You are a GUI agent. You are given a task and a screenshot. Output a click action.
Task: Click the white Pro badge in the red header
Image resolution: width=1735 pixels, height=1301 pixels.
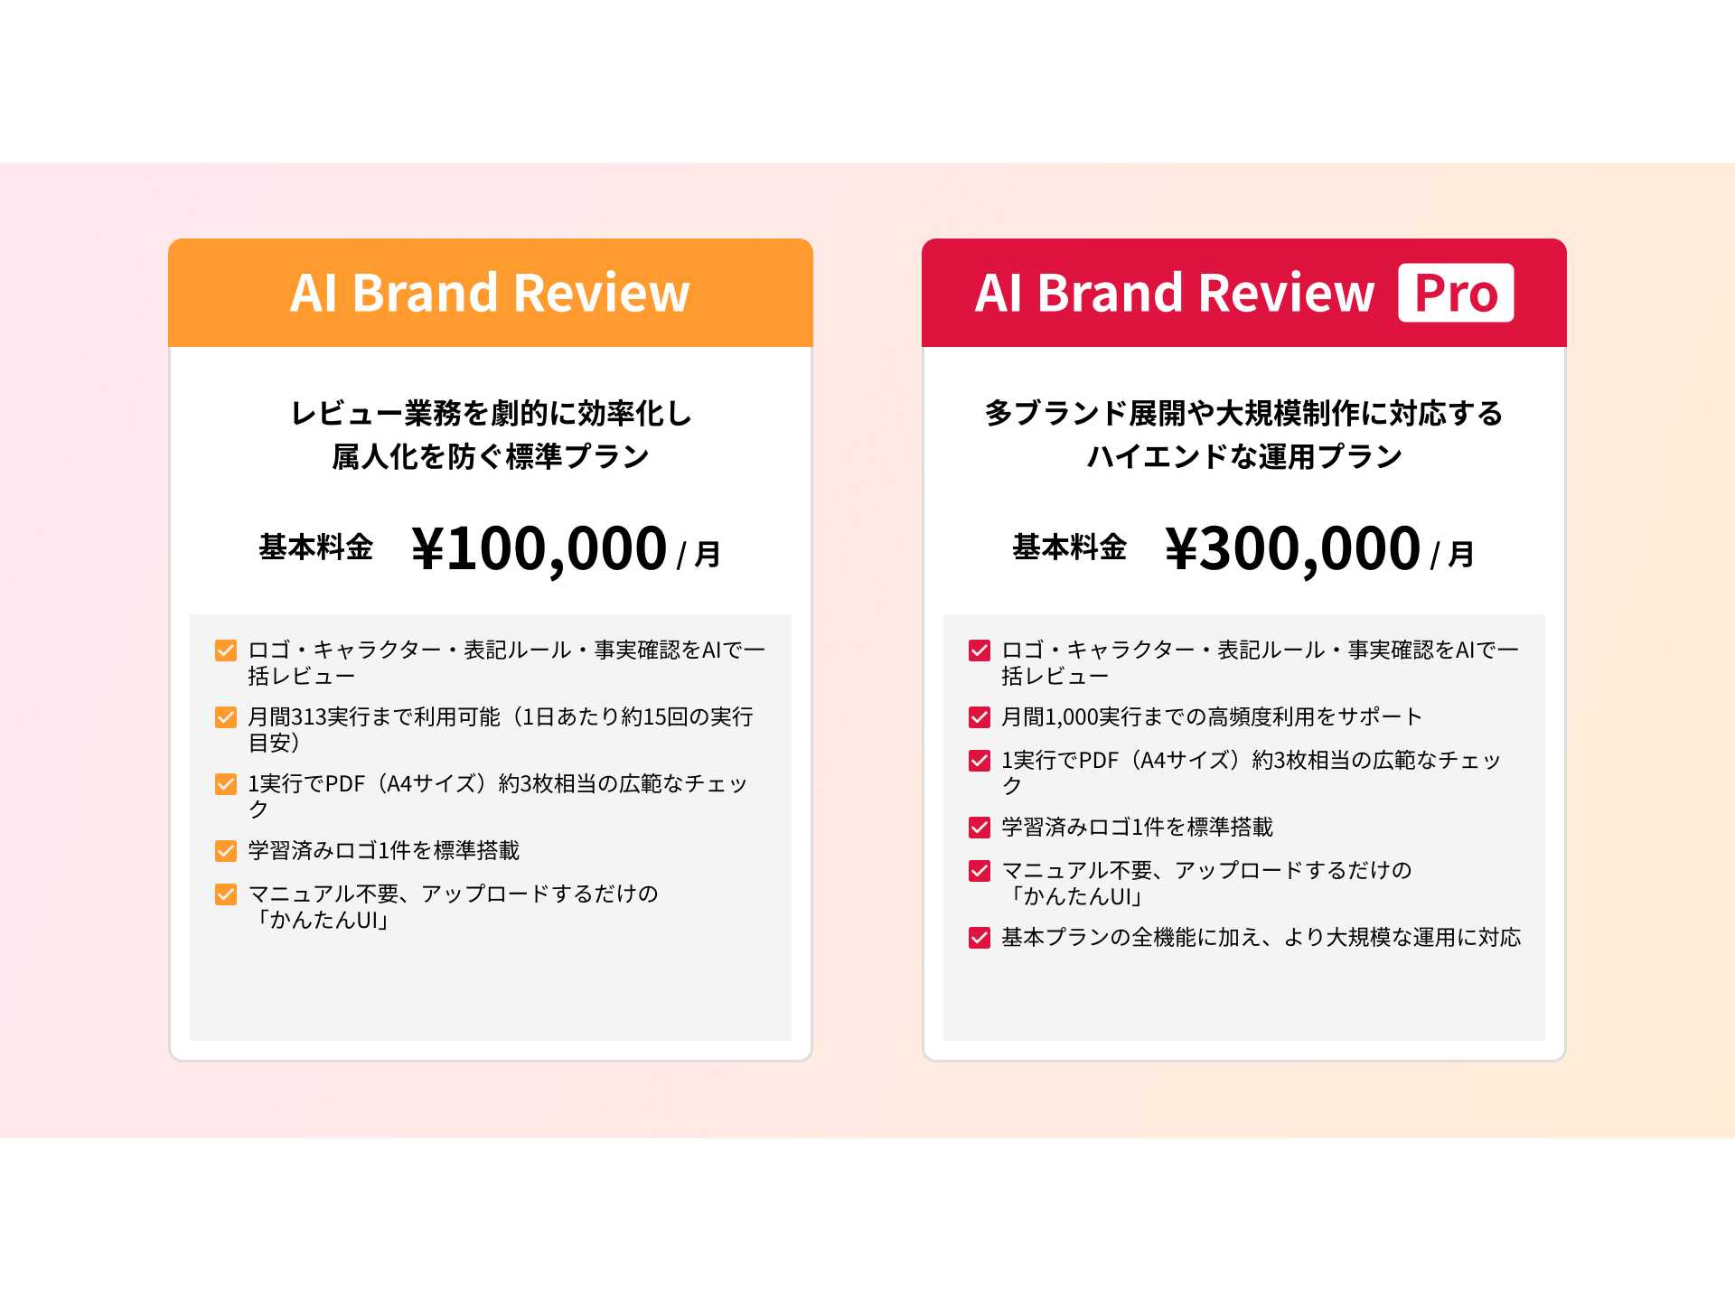click(x=1455, y=293)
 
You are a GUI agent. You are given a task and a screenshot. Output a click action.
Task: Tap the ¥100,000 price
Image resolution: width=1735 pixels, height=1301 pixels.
click(x=539, y=548)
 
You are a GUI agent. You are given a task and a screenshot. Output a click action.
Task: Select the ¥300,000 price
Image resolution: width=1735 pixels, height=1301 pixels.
click(x=1293, y=548)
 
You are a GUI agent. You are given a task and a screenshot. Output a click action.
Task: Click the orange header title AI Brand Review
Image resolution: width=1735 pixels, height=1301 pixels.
click(x=490, y=293)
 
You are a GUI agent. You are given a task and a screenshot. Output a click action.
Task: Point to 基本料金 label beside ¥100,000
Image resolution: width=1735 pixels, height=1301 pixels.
click(x=316, y=547)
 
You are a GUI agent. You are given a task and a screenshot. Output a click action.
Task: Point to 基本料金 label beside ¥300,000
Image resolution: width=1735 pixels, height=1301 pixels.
click(x=1070, y=547)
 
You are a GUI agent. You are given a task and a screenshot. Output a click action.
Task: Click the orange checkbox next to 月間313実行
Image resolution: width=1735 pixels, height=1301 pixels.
click(x=226, y=717)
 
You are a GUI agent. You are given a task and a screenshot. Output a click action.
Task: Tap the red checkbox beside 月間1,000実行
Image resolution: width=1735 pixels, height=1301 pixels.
click(x=980, y=717)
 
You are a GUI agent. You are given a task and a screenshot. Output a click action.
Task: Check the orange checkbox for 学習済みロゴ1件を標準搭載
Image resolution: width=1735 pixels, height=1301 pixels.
click(x=226, y=851)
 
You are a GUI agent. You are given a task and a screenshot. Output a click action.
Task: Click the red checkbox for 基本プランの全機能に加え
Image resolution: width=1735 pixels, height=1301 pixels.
click(x=980, y=938)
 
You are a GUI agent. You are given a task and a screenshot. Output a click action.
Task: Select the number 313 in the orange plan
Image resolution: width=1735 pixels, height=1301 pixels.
click(x=308, y=717)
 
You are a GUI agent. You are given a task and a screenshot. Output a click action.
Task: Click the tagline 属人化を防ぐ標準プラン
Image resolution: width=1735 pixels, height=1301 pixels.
click(x=490, y=456)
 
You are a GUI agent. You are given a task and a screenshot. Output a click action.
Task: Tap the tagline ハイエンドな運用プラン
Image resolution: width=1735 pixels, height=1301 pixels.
click(x=1244, y=456)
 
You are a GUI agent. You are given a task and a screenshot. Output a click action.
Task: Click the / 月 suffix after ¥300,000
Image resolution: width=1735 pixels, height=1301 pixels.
click(x=1452, y=554)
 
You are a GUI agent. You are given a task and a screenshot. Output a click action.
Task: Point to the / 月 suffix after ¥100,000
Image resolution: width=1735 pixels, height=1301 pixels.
click(x=699, y=554)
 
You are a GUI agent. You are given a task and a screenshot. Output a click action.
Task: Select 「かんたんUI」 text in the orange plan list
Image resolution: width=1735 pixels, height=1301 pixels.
click(x=321, y=921)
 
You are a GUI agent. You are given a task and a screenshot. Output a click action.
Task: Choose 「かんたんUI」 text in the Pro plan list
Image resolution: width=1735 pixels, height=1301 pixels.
click(x=1074, y=897)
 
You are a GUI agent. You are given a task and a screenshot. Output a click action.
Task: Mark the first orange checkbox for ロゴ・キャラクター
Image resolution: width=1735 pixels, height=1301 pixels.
click(x=226, y=650)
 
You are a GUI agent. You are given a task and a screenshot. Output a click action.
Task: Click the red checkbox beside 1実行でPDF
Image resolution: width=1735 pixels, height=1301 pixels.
click(x=980, y=761)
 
